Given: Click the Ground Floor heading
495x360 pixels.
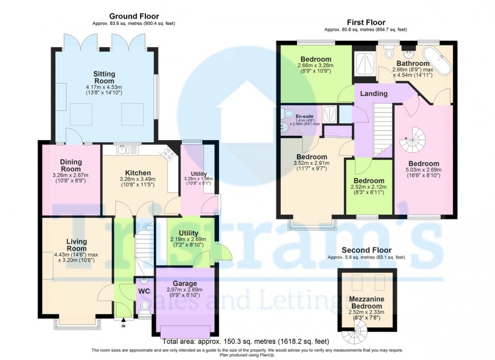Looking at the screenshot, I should click(133, 16).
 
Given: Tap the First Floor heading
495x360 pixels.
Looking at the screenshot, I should click(365, 22).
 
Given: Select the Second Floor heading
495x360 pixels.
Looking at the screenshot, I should click(366, 250).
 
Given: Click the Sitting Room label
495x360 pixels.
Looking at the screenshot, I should click(104, 78).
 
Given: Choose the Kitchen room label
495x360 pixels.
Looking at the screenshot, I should click(138, 173).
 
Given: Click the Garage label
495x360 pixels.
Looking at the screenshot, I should click(185, 283).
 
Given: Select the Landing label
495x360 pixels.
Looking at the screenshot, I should click(374, 93).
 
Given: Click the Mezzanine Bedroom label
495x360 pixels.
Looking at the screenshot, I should click(366, 303).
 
